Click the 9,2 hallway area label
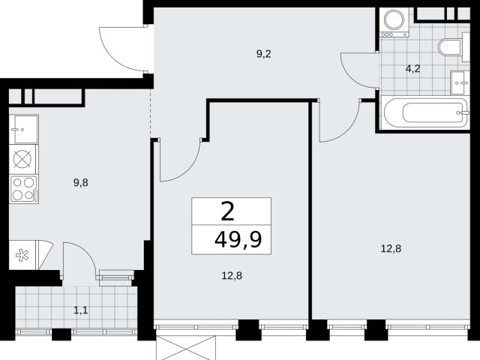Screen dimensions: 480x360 (x=263, y=54)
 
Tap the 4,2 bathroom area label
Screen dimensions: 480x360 (x=412, y=69)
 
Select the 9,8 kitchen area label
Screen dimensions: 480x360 (x=81, y=183)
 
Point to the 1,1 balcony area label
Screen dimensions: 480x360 (x=81, y=310)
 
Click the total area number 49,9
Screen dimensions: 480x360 (x=238, y=239)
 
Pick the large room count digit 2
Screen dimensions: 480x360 (x=228, y=211)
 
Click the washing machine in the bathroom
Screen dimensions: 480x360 (x=394, y=22)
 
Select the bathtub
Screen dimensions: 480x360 (x=425, y=112)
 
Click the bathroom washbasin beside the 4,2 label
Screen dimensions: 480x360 (x=460, y=82)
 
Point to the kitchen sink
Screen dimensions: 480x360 (x=24, y=129)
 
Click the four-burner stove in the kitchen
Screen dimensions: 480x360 (x=23, y=189)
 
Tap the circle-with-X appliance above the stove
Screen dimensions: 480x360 (x=22, y=160)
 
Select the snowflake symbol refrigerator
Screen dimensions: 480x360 (x=22, y=255)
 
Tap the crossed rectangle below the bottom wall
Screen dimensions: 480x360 (x=186, y=348)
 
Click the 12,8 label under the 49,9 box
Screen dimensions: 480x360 (x=232, y=276)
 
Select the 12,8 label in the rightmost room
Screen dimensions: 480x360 (x=391, y=248)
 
